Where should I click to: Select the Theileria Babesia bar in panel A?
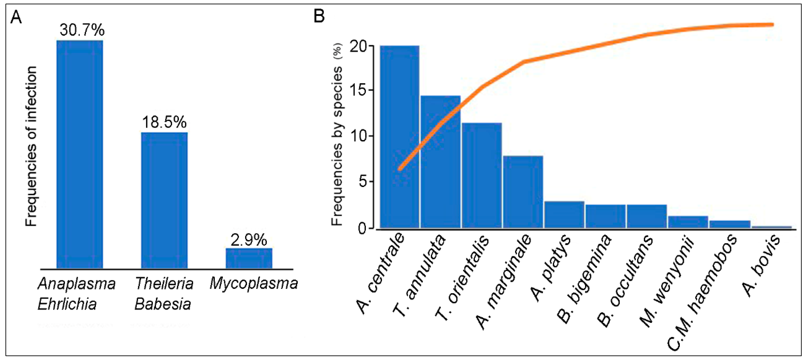[164, 200]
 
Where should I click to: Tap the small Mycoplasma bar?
[249, 258]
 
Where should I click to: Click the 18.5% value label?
[164, 122]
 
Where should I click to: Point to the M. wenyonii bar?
[688, 222]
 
